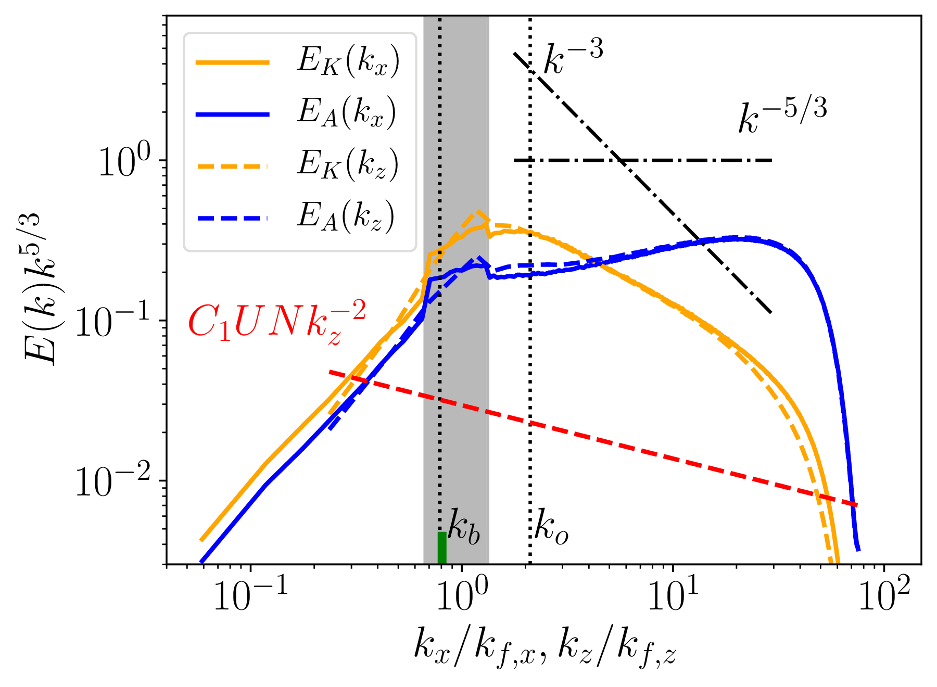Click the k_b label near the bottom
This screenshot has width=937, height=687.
[x=464, y=529]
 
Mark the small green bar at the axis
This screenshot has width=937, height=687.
[x=442, y=548]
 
